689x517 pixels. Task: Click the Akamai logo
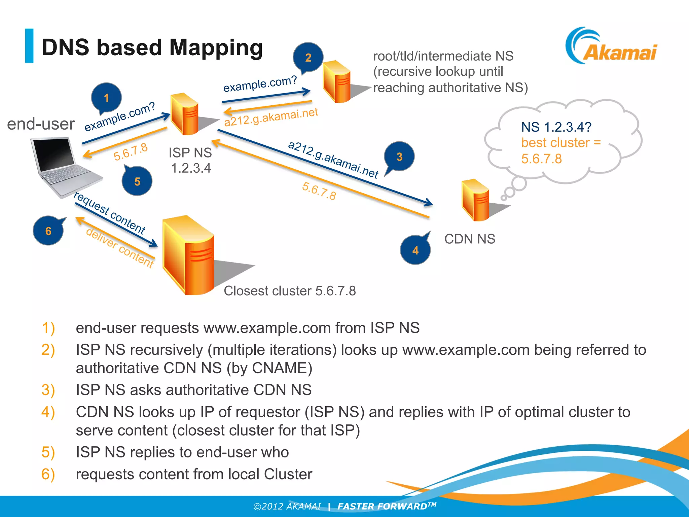[611, 47]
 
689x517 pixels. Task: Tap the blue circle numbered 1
[106, 98]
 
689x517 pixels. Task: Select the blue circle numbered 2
[308, 57]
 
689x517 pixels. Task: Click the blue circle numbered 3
[399, 157]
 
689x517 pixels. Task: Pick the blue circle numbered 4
[415, 250]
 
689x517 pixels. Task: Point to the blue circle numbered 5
[137, 181]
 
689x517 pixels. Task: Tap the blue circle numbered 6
[48, 231]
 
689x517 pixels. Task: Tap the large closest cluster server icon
[188, 256]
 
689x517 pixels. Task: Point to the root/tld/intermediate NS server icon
[336, 81]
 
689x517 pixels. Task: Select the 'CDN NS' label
[470, 239]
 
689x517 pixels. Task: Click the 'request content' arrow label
[110, 213]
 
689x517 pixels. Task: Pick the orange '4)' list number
[48, 412]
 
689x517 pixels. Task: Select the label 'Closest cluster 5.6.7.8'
[290, 291]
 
